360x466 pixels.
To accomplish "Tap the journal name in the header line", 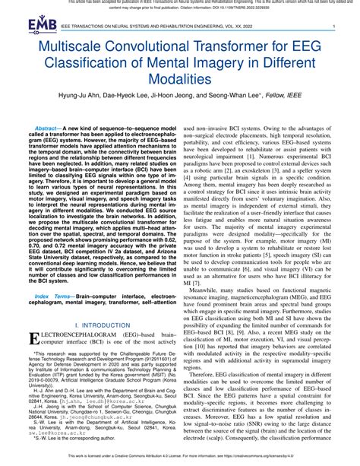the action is [152, 27].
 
